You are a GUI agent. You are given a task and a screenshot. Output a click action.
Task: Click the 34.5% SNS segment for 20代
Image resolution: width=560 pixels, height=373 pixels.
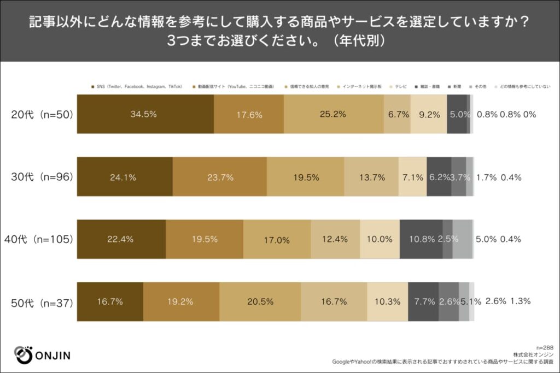click(145, 114)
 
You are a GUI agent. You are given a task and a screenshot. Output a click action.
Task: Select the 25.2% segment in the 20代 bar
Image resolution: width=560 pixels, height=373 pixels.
click(334, 114)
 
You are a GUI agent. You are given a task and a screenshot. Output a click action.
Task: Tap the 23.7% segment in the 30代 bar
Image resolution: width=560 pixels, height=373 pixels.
click(219, 177)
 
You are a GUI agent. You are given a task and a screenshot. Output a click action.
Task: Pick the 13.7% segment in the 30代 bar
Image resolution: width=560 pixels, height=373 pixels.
click(371, 177)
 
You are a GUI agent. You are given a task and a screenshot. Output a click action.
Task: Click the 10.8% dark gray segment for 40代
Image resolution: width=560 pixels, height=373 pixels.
click(421, 239)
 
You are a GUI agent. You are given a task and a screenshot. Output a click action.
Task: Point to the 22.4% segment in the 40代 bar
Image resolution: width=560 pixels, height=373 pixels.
click(121, 239)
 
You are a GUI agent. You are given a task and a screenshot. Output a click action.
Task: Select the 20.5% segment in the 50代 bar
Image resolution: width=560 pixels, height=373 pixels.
click(260, 301)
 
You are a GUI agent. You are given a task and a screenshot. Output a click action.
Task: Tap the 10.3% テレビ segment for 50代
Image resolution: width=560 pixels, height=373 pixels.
click(387, 301)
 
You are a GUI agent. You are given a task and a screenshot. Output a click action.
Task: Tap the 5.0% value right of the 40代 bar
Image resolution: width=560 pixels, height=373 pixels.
click(486, 239)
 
